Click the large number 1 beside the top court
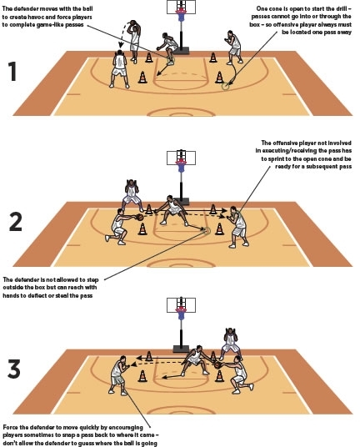(12, 71)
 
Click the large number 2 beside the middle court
(15, 222)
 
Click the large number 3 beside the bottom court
(14, 369)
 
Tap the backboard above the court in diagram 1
(181, 7)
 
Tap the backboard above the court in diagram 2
(181, 158)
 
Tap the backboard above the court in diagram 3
(181, 304)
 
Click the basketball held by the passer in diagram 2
(140, 217)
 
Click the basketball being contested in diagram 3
(218, 365)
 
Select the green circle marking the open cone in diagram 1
(225, 86)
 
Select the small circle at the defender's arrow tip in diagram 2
(207, 230)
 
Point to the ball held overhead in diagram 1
(132, 23)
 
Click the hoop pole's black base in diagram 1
(181, 51)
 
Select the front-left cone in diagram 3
(142, 376)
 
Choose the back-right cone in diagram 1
(213, 58)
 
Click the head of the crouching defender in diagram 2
(170, 198)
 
